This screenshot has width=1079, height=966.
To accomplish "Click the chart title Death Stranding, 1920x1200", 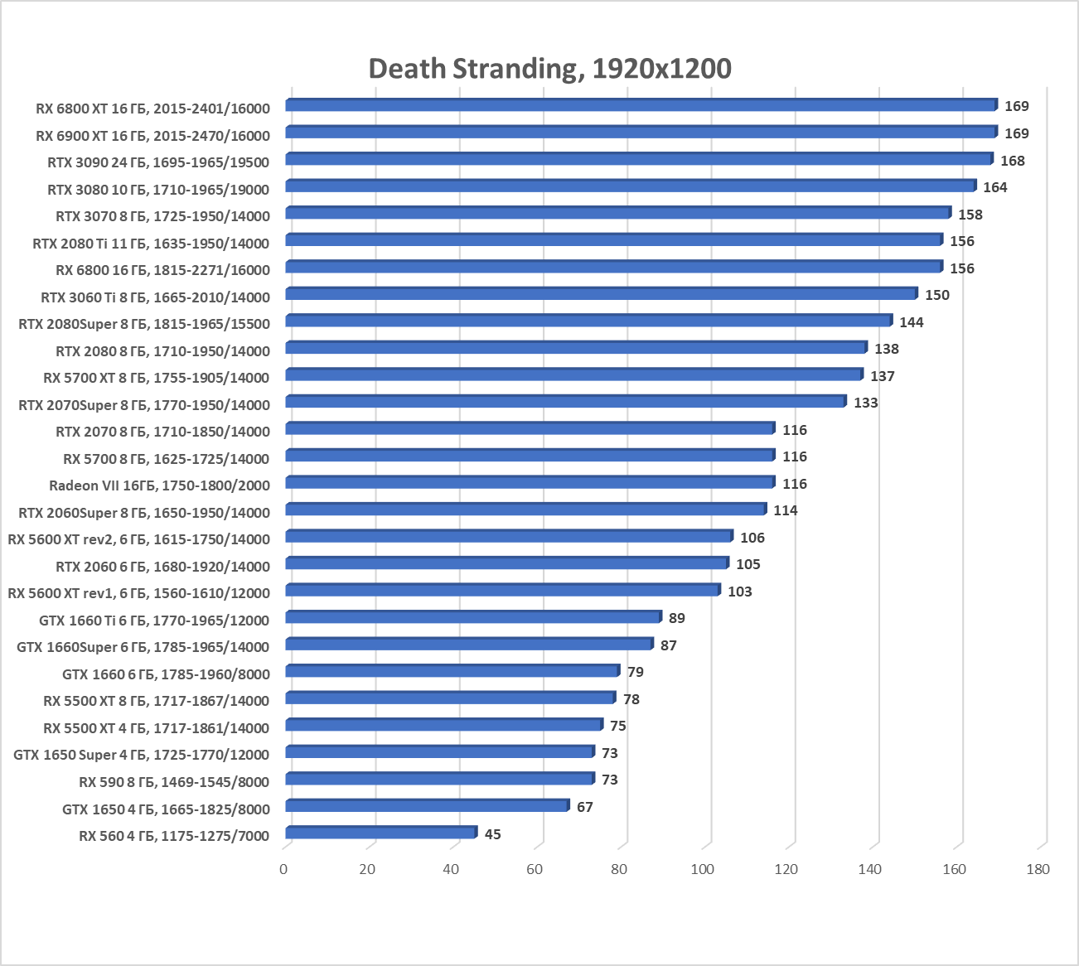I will [x=549, y=69].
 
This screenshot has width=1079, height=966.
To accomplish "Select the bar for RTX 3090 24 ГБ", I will [x=638, y=159].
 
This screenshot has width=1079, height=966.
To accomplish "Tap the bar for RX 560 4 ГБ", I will [x=381, y=833].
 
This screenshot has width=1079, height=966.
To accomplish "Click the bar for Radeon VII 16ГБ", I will [x=530, y=482].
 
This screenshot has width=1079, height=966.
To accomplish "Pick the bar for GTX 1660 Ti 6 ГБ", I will [x=473, y=617].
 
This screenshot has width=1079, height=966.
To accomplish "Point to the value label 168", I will [x=1012, y=161].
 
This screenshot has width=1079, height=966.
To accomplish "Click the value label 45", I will [x=492, y=834].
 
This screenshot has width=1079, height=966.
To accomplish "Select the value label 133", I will [x=865, y=403].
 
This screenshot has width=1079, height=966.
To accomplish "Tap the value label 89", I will [x=676, y=618].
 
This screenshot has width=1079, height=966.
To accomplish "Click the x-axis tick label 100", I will [x=702, y=869].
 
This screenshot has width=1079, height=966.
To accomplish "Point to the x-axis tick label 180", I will [x=1037, y=869].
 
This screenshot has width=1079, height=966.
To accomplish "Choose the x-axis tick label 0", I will [x=283, y=869].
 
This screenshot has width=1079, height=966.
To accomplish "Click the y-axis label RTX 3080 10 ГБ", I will [x=158, y=190].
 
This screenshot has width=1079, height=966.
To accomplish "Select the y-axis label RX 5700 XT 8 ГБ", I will [x=156, y=378].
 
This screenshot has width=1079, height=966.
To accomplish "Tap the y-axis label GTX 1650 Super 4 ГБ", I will [x=141, y=755].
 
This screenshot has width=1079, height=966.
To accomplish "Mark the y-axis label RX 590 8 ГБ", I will [x=174, y=782].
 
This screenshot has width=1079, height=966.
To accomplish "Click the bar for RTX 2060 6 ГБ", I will [x=506, y=563].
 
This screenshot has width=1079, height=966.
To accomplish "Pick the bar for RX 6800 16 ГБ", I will [x=613, y=267].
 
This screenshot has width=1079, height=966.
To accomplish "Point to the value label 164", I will [x=994, y=187].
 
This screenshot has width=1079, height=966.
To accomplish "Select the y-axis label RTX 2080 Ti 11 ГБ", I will [x=151, y=244].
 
